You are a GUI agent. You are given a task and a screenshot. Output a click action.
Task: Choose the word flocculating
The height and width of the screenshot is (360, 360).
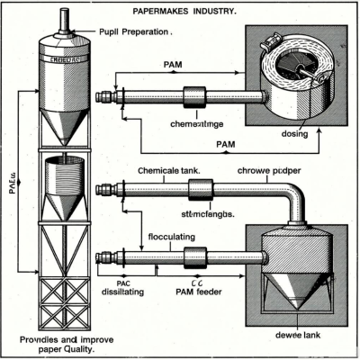point(176,238)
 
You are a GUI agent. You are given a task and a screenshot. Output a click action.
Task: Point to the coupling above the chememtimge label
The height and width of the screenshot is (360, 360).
point(194,95)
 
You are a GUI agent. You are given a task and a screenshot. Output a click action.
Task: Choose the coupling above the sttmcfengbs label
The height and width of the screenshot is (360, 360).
point(201,190)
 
